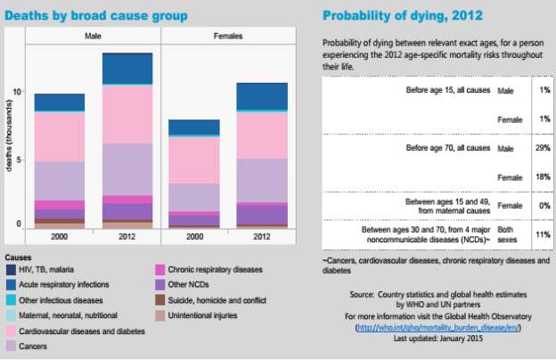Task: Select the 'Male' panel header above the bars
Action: [x=93, y=36]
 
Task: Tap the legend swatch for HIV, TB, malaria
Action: [x=11, y=270]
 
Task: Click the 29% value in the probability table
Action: [x=542, y=147]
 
